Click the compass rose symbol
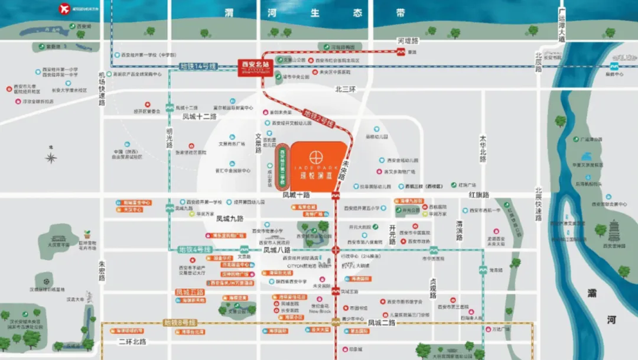pyautogui.click(x=51, y=157)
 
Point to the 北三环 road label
pyautogui.click(x=346, y=90)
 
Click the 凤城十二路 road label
pyautogui.click(x=200, y=117)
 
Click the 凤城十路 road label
pyautogui.click(x=296, y=194)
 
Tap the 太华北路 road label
pyautogui.click(x=483, y=150)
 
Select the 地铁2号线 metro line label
pyautogui.click(x=319, y=118)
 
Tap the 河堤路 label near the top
pyautogui.click(x=408, y=41)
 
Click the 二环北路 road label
pyautogui.click(x=132, y=342)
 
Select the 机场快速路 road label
pyautogui.click(x=102, y=89)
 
